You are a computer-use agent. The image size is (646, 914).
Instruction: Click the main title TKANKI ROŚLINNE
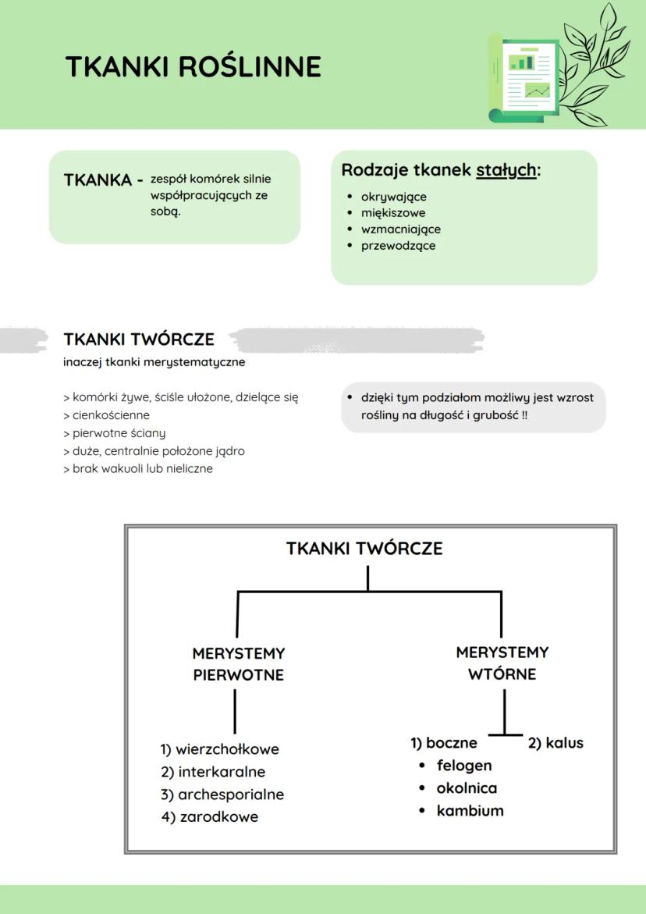[x=193, y=67]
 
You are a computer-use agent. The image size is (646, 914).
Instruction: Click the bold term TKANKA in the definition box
[x=98, y=180]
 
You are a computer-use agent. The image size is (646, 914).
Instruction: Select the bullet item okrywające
[x=393, y=197]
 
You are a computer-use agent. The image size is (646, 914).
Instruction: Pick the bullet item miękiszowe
[x=392, y=213]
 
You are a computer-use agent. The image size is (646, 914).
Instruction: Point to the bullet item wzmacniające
[x=400, y=229]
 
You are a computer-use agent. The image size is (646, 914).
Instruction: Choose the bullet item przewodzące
[x=398, y=246]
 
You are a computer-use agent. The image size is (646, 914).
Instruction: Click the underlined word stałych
[x=506, y=170]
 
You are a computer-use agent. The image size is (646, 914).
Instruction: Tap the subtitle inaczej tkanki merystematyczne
[x=154, y=362]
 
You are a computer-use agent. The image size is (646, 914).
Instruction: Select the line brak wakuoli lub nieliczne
[x=138, y=469]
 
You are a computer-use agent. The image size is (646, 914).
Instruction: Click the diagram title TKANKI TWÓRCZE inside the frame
[x=364, y=549]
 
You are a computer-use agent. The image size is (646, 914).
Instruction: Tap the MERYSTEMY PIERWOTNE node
[x=239, y=663]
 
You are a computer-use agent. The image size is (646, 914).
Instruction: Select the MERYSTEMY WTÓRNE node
[x=502, y=663]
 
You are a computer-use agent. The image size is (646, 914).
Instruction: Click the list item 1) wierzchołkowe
[x=220, y=749]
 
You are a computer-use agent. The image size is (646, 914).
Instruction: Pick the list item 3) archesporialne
[x=222, y=795]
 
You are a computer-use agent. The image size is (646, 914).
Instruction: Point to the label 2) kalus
[x=555, y=743]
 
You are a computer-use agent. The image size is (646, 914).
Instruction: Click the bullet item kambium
[x=470, y=811]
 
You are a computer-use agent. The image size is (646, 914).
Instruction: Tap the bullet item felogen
[x=464, y=766]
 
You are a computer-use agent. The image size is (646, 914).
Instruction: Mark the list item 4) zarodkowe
[x=210, y=817]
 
